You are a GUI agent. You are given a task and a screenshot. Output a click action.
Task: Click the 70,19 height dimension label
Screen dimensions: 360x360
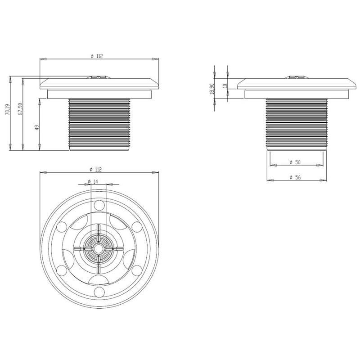tap(7, 109)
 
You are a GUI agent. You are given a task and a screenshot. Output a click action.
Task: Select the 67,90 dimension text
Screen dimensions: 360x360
tap(20, 109)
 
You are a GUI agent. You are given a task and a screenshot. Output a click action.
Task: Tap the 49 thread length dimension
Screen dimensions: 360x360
tap(37, 128)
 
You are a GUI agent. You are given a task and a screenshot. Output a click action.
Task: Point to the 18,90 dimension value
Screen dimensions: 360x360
tap(211, 89)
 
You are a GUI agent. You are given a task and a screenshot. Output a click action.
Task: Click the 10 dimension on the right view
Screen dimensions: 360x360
tap(225, 85)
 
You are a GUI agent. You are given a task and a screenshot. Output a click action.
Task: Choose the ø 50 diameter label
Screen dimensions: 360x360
tap(295, 162)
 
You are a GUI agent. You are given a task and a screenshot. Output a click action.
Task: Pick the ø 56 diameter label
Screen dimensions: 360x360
tap(295, 177)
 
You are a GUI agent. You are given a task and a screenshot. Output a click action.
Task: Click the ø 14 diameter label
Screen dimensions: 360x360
tap(93, 182)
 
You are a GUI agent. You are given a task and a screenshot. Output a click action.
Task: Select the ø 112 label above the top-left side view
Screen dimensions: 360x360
tap(97, 56)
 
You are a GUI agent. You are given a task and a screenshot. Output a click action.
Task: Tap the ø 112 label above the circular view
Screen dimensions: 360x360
tap(96, 170)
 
